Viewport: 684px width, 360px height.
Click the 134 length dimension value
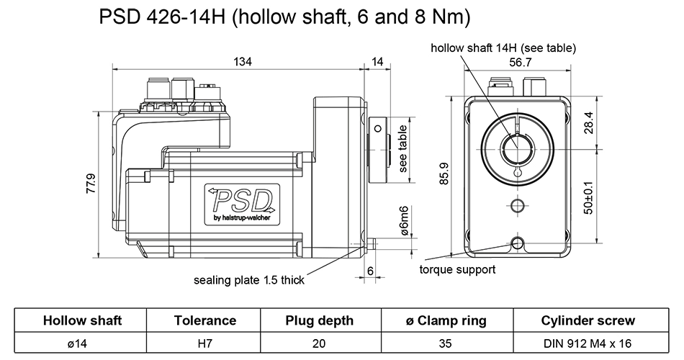(243, 62)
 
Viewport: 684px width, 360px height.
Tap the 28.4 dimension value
(588, 123)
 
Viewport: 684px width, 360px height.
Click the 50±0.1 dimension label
(588, 196)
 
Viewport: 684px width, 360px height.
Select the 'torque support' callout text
(457, 270)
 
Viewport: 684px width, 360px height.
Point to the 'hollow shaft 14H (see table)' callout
(503, 48)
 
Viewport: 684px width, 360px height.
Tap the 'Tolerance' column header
(205, 320)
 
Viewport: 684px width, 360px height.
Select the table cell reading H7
(205, 343)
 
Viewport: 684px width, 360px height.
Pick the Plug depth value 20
(319, 343)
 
